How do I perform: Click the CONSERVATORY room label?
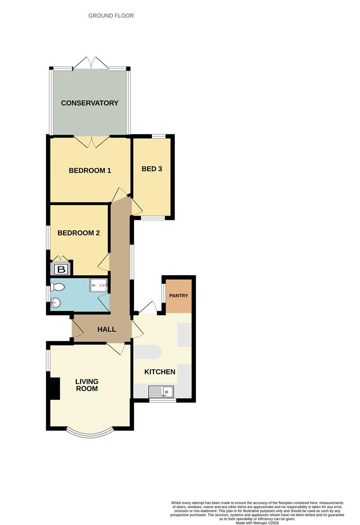(x=89, y=103)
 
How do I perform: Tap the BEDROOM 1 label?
(x=90, y=171)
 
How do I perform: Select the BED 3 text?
(x=152, y=169)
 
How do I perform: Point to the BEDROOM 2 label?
(x=78, y=233)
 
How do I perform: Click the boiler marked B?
(x=61, y=269)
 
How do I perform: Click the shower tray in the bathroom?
(x=98, y=285)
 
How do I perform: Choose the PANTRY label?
(x=178, y=296)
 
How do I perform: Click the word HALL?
(x=106, y=330)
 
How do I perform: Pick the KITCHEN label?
(x=160, y=372)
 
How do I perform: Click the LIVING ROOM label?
(x=86, y=385)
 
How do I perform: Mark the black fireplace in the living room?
(x=55, y=388)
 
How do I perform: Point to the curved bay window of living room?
(x=90, y=431)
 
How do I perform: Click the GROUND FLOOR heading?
(x=111, y=16)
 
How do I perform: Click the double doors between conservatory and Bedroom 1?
(x=90, y=141)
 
